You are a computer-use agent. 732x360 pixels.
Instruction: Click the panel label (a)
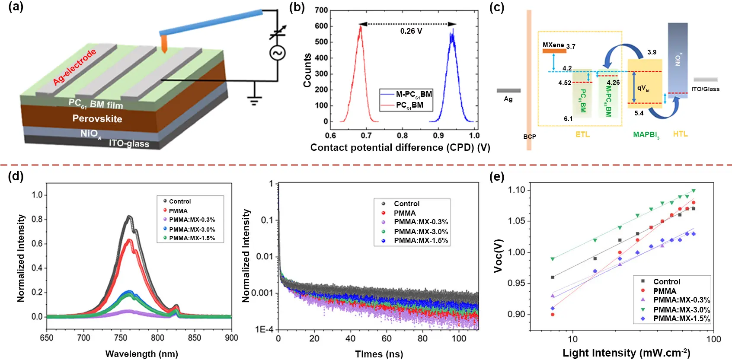pos(16,7)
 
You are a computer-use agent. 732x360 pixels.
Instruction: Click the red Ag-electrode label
pos(74,67)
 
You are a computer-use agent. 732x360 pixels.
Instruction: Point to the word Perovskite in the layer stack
pos(97,119)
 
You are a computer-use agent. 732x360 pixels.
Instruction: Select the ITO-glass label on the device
pos(129,143)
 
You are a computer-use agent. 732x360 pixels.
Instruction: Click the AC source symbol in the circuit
pos(277,53)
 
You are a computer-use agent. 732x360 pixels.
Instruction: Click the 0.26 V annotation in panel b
pos(411,31)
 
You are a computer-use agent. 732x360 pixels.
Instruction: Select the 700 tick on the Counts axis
pos(321,10)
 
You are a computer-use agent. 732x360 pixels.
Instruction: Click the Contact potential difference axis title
pos(400,148)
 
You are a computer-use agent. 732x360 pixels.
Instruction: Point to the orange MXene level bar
pos(554,51)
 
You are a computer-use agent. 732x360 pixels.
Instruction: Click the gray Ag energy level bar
pos(508,91)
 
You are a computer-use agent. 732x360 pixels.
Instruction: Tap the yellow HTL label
pos(680,134)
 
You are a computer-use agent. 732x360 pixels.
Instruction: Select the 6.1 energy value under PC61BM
pos(568,119)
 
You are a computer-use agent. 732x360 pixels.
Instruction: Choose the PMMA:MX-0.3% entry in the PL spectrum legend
pos(192,220)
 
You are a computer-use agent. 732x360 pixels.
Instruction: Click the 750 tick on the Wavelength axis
pos(121,338)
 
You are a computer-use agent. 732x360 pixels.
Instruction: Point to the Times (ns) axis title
pos(379,354)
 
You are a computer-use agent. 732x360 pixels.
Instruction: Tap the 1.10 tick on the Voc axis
pos(516,190)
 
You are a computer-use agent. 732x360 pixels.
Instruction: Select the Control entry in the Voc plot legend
pos(666,282)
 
